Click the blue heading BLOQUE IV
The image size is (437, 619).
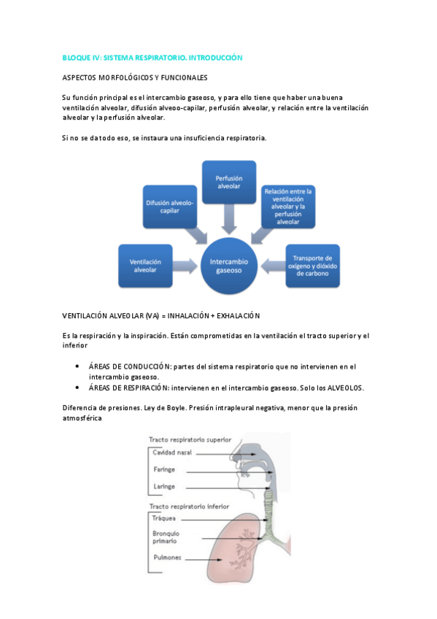click(152, 57)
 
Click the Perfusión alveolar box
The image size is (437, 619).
click(228, 182)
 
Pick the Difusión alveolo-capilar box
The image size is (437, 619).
click(170, 206)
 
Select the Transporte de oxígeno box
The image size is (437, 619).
click(312, 264)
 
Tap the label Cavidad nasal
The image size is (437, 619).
click(169, 453)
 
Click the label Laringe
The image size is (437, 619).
click(163, 486)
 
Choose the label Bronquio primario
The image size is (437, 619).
click(165, 537)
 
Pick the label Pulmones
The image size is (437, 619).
click(168, 558)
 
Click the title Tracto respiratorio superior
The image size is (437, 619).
click(190, 439)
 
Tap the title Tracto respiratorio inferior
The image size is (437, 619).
click(188, 506)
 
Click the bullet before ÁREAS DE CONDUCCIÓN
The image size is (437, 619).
click(77, 366)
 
